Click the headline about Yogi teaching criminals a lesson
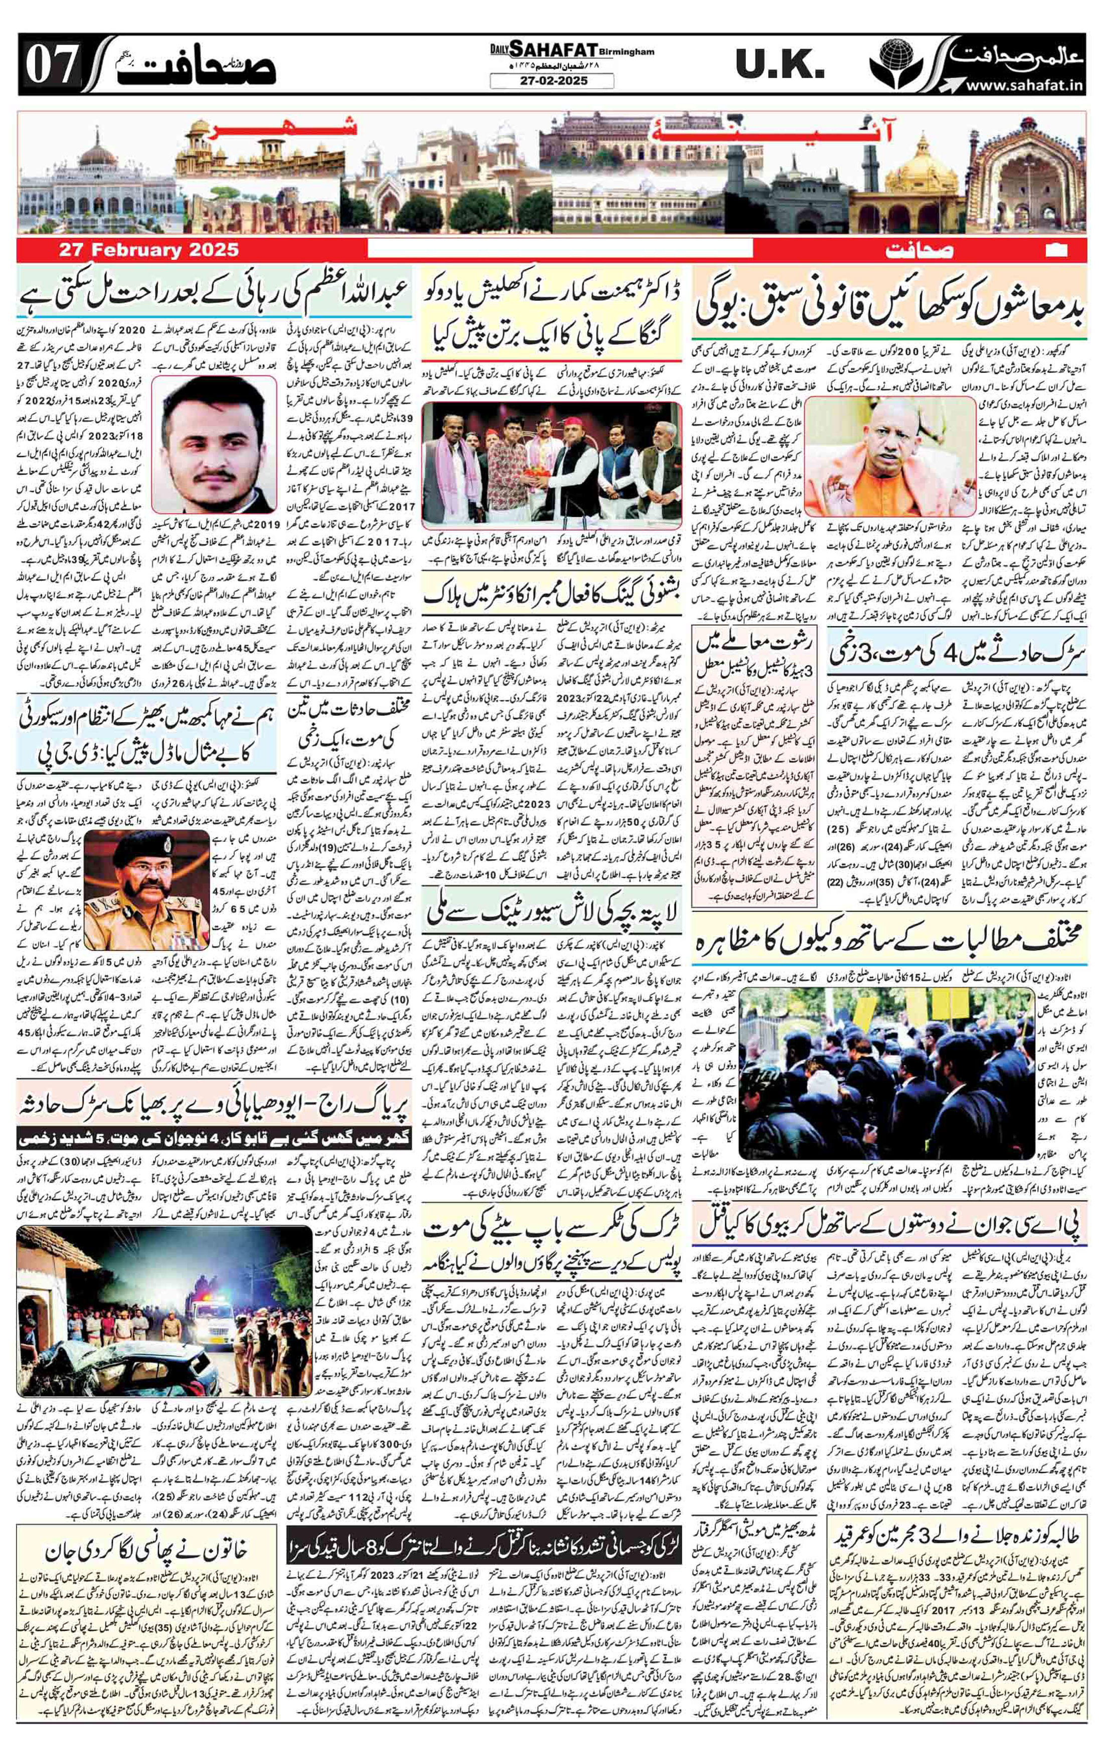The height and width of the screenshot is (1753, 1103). click(x=888, y=303)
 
